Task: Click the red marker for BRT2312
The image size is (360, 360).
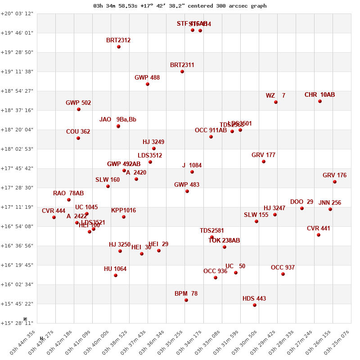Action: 119,47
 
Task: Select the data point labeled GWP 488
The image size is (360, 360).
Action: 148,84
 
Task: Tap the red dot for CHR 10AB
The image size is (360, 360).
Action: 320,101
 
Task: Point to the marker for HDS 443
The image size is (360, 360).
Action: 255,305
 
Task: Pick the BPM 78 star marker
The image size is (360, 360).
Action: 186,300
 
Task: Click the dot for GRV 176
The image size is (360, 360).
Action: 335,182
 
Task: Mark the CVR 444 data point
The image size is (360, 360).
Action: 54,217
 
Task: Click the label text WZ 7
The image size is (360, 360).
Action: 275,95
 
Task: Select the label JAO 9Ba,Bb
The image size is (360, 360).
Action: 118,120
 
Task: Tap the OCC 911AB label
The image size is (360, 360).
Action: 211,130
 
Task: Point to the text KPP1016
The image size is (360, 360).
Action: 123,211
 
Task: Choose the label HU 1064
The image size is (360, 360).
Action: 115,269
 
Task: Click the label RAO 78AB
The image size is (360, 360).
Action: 68,193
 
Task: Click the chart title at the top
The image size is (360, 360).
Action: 180,6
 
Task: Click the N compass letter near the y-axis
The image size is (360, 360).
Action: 25,319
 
